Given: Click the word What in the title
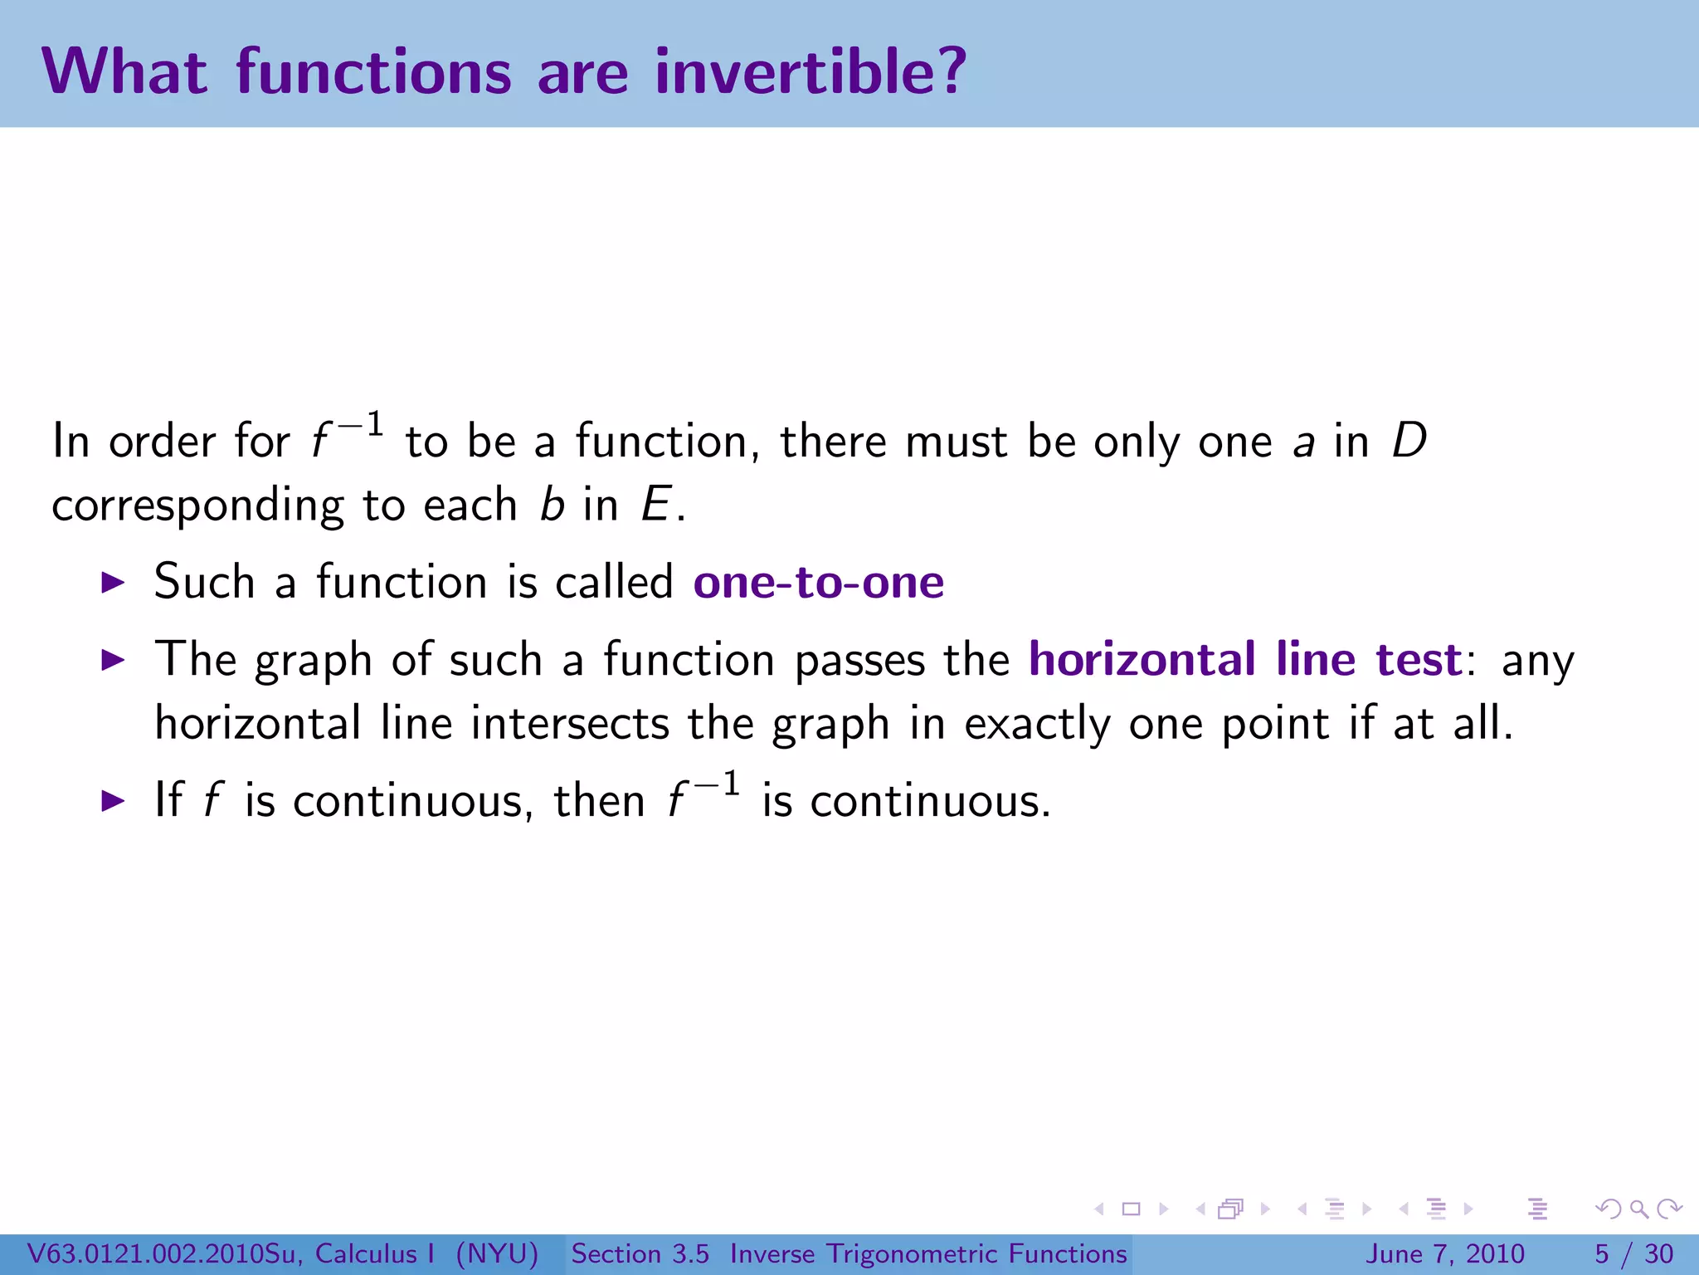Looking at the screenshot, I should click(x=124, y=71).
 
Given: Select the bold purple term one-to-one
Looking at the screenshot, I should click(x=818, y=582).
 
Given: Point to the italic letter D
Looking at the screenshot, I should click(x=1409, y=441).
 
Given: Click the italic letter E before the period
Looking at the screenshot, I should click(x=656, y=505).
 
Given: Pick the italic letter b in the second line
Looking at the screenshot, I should click(x=552, y=505).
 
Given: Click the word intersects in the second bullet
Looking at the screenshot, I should click(x=569, y=723).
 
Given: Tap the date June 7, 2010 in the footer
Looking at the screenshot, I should click(x=1444, y=1253).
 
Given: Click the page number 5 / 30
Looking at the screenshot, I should click(x=1633, y=1253).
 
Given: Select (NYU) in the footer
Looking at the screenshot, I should click(x=497, y=1253).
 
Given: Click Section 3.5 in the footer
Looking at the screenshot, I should click(x=640, y=1253).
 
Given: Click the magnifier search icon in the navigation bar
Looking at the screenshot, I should click(x=1638, y=1209).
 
